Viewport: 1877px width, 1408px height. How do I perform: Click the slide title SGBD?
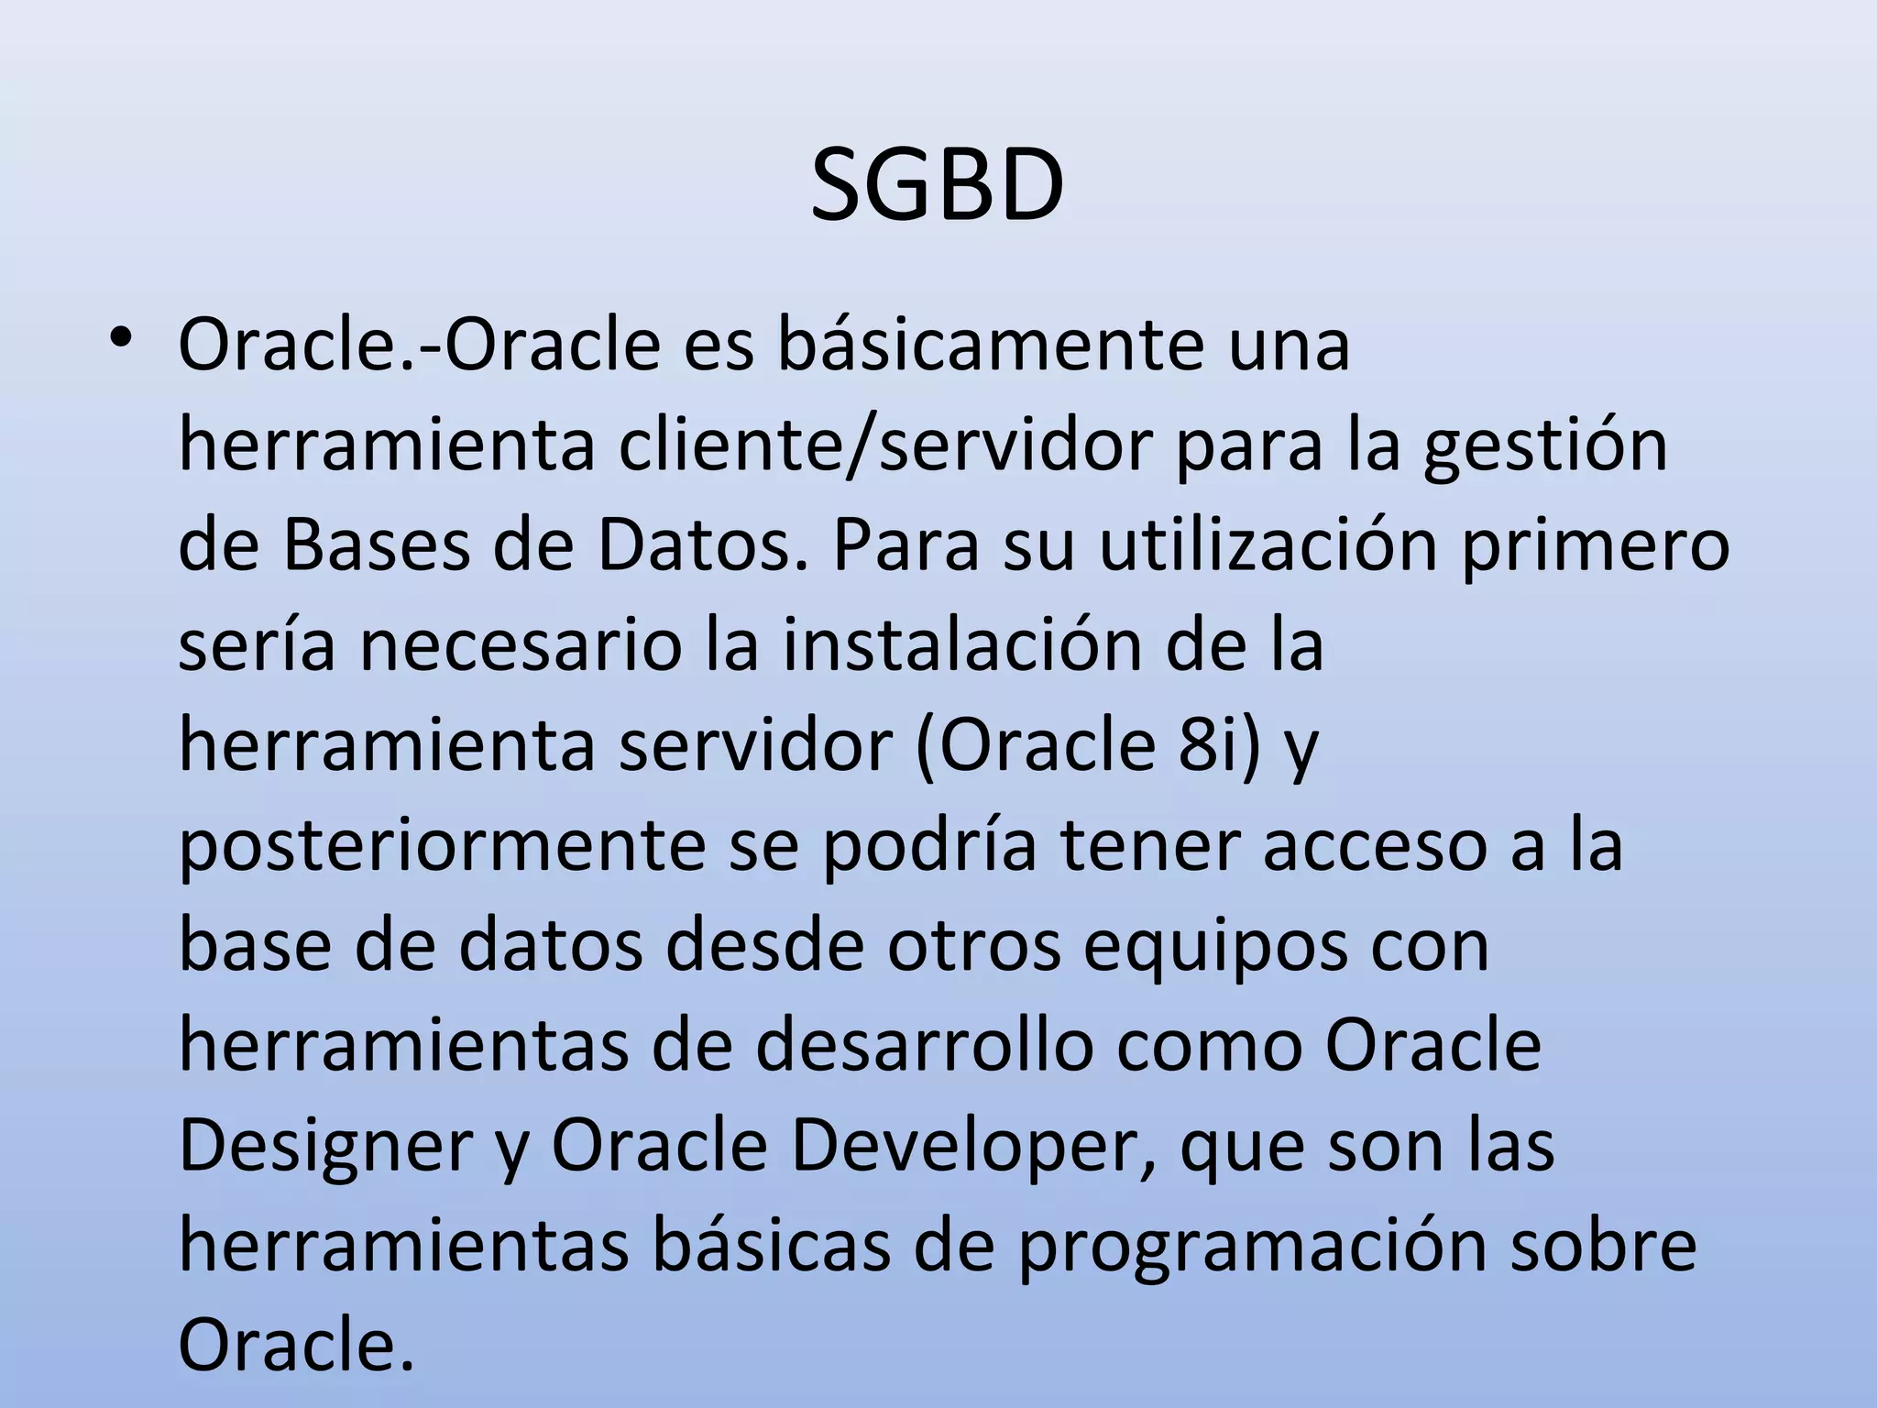coord(938,188)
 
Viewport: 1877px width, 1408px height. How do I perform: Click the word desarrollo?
coord(925,1045)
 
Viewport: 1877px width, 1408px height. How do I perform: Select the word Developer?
coord(963,1148)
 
